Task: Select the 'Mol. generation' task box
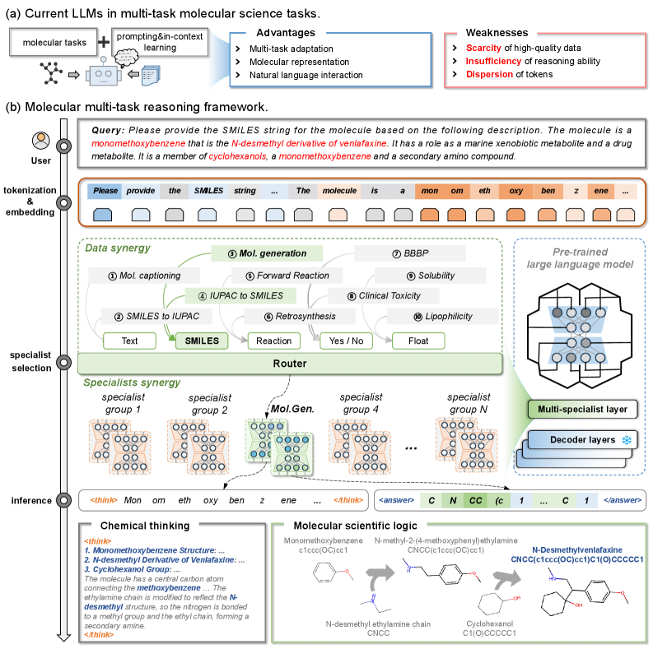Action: [x=268, y=253]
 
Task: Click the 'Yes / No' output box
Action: [x=345, y=340]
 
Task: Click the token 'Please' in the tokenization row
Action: [x=106, y=191]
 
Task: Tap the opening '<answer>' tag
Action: [x=397, y=499]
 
